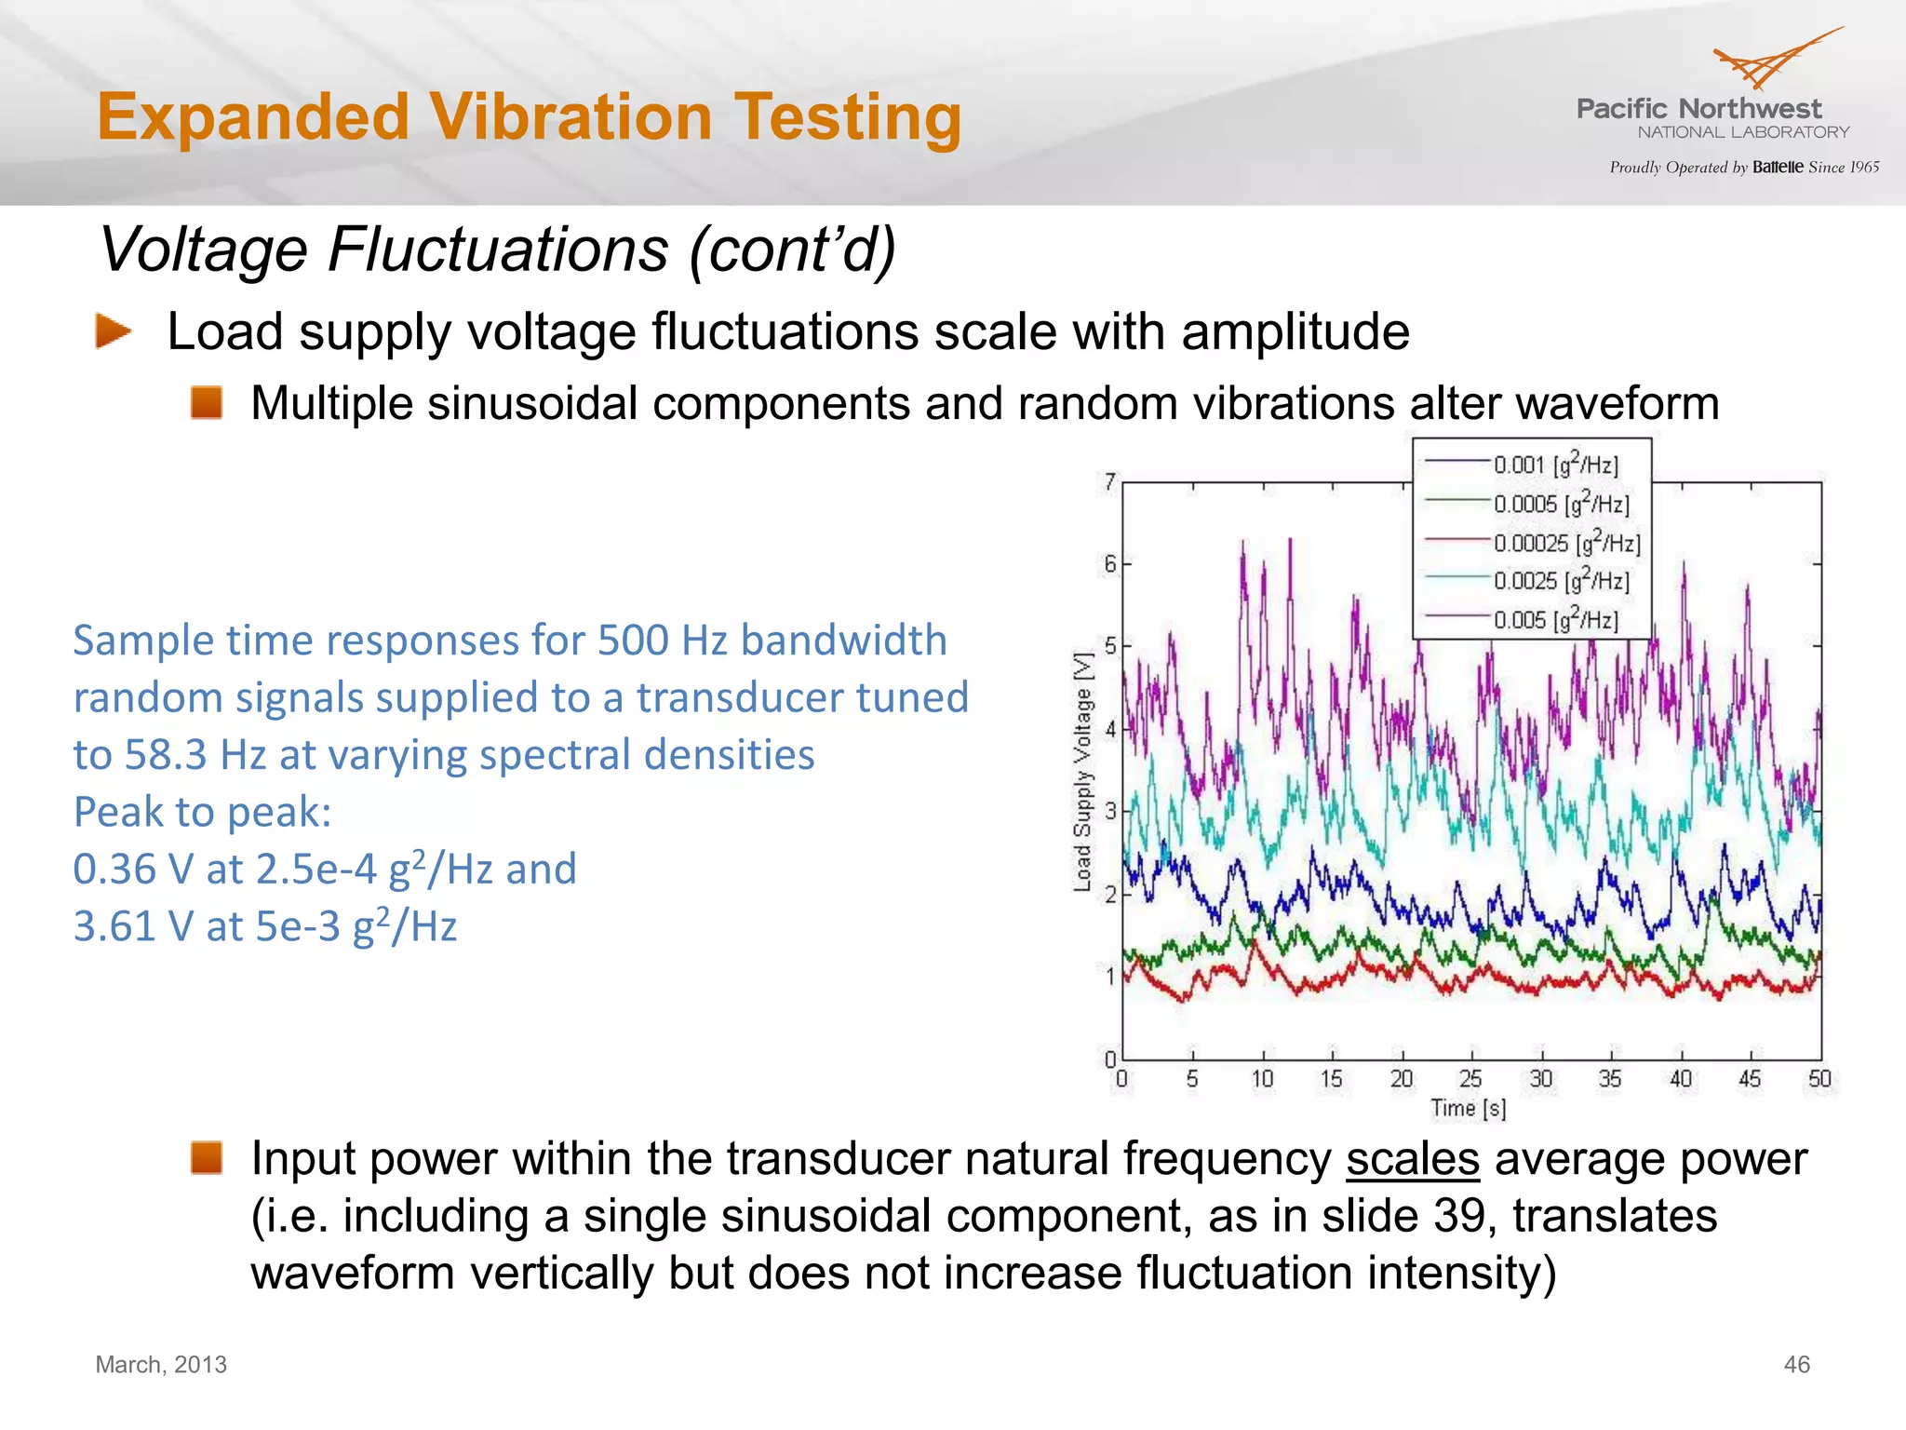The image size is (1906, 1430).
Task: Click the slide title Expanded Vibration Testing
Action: pos(529,117)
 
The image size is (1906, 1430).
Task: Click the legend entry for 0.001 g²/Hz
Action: pos(1555,464)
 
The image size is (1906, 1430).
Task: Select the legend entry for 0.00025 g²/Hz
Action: pos(1566,542)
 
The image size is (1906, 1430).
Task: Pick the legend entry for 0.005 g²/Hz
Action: pos(1555,619)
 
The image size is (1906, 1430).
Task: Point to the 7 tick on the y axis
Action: pos(1109,482)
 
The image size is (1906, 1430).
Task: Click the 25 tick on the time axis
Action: pos(1470,1078)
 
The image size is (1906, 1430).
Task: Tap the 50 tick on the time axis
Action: pos(1819,1078)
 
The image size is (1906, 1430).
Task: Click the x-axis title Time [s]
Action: pos(1468,1108)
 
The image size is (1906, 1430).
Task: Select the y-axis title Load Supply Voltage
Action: pos(1082,772)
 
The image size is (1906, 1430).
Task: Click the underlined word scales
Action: pos(1412,1159)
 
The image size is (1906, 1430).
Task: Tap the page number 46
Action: pos(1796,1365)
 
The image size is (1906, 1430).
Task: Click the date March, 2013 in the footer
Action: pos(161,1365)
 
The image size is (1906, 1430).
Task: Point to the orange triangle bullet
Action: pos(113,331)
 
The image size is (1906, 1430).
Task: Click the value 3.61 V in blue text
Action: pos(132,926)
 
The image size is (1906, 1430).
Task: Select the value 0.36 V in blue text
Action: pos(132,870)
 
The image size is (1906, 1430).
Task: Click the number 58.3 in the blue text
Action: pos(166,755)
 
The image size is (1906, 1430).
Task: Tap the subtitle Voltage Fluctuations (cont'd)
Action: pos(497,250)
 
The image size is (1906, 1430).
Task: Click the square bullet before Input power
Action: pos(207,1158)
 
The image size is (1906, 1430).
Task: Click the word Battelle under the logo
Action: pos(1778,168)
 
